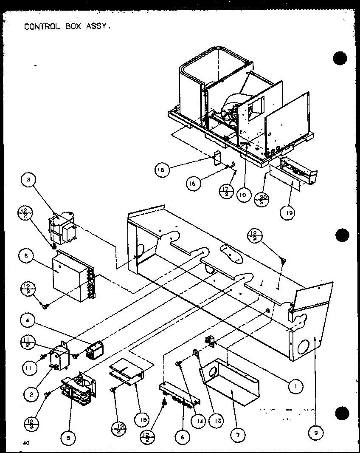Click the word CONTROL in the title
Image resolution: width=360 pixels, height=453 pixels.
[x=41, y=26]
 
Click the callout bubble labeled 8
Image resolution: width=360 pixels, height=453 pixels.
[x=26, y=255]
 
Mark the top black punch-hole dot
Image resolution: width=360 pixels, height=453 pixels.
[x=340, y=58]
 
